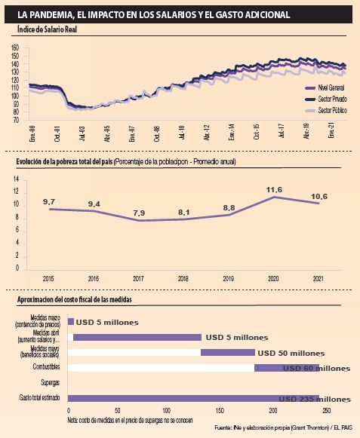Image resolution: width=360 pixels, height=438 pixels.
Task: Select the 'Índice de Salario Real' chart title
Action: coord(47,29)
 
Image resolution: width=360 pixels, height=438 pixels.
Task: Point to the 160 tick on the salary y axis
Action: coord(15,47)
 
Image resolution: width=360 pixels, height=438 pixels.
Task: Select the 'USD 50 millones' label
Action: coord(291,352)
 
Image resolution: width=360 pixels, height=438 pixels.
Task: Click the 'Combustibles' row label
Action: coord(46,367)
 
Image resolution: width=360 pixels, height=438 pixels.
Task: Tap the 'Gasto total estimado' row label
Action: coord(40,397)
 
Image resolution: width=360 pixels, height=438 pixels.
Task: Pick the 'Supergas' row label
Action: coord(50,382)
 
